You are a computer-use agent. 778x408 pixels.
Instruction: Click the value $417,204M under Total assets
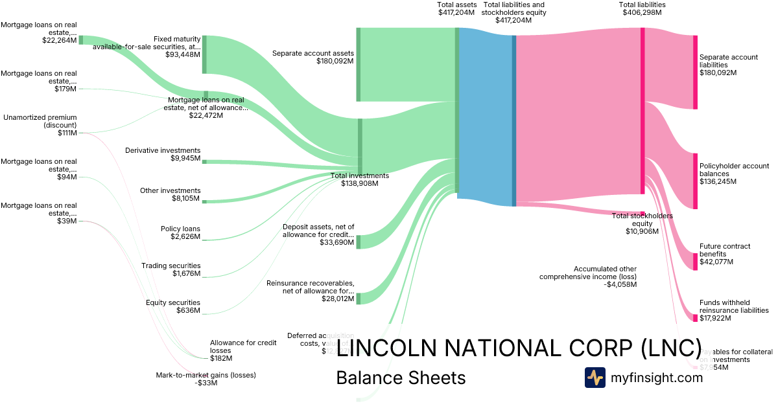[x=457, y=12]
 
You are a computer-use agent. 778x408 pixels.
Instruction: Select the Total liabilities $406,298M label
[x=642, y=8]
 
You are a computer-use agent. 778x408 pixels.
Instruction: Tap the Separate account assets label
[x=312, y=57]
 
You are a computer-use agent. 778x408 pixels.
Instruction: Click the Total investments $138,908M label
[x=360, y=179]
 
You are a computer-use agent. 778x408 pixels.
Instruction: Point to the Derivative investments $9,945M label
[x=163, y=154]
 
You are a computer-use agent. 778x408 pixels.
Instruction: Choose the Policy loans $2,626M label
[x=180, y=232]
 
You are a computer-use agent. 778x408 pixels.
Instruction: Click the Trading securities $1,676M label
[x=171, y=269]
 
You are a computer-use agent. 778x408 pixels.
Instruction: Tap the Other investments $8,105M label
[x=171, y=194]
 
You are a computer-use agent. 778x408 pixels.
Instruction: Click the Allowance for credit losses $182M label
[x=235, y=350]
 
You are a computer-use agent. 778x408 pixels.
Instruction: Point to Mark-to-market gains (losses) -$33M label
[x=206, y=378]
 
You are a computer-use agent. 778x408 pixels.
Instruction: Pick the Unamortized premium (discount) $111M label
[x=40, y=125]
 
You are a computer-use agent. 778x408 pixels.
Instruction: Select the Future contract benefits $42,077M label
[x=725, y=254]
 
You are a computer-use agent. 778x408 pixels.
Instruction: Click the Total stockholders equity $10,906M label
[x=642, y=223]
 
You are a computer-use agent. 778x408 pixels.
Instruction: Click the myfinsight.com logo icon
[x=595, y=378]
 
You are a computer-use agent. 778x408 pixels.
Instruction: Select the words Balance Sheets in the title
[x=401, y=378]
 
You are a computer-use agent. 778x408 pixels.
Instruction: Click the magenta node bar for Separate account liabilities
[x=695, y=72]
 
